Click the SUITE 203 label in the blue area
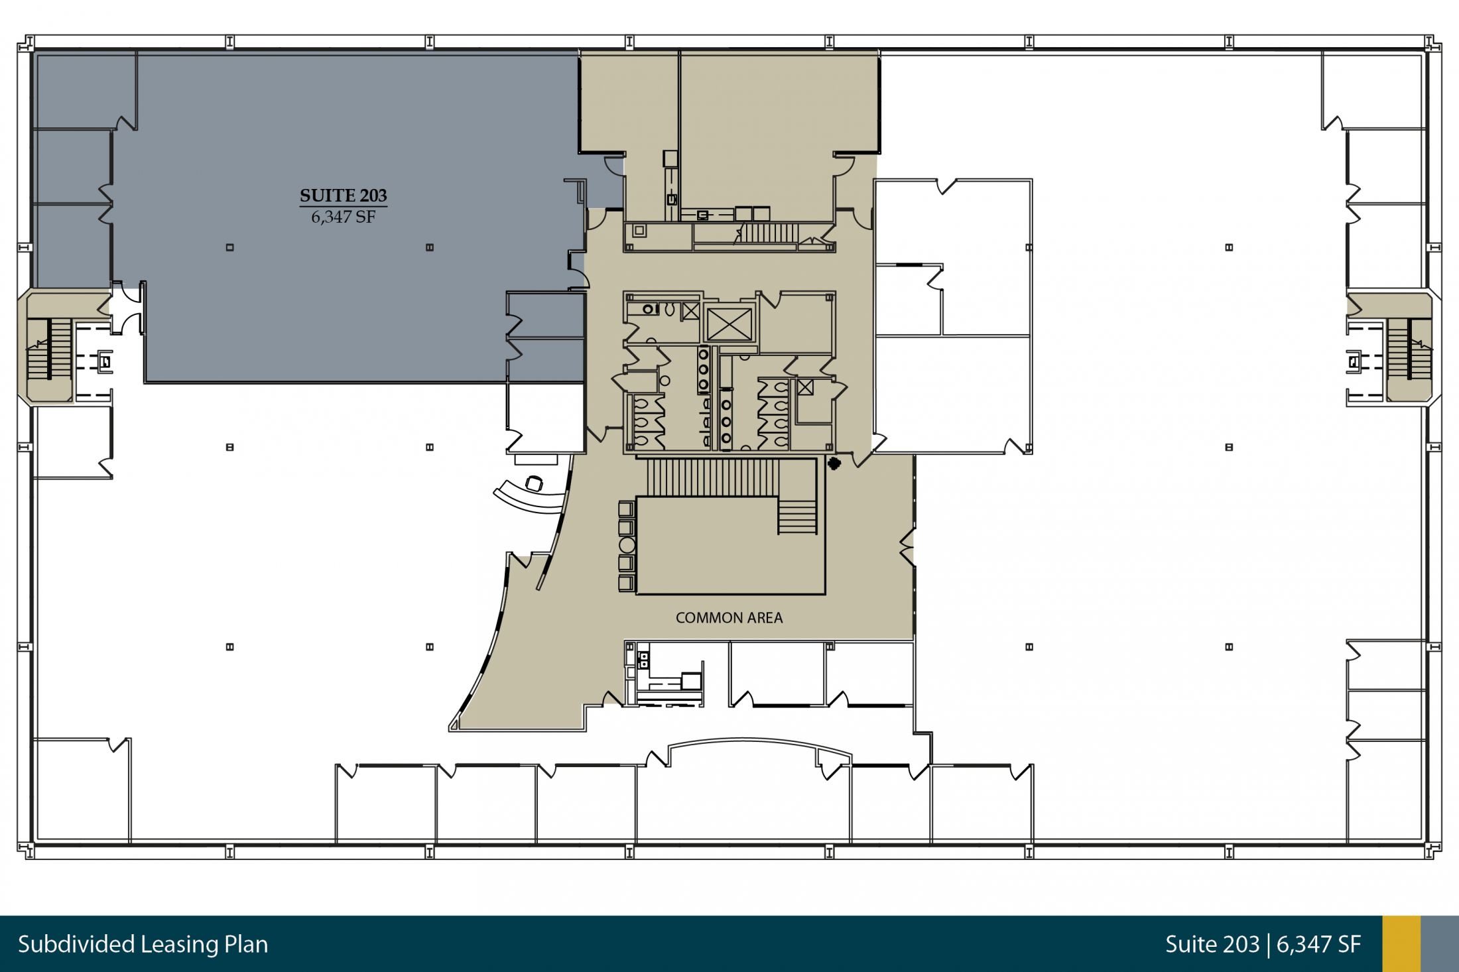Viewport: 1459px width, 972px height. point(343,196)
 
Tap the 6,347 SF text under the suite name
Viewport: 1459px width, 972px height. point(344,217)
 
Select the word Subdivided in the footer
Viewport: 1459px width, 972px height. point(76,944)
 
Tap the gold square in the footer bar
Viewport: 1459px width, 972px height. point(1401,944)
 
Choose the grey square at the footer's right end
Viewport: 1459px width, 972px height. point(1440,944)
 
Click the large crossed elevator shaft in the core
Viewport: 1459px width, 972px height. point(729,324)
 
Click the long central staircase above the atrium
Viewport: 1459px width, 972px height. point(713,477)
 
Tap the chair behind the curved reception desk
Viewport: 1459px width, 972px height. point(534,483)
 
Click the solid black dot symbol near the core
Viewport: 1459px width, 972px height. point(834,463)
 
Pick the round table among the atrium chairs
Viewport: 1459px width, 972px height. point(627,545)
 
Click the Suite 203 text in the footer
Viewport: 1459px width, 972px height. point(1212,944)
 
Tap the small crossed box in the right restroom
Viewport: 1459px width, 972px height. point(805,387)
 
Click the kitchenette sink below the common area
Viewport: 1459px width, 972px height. point(643,660)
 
